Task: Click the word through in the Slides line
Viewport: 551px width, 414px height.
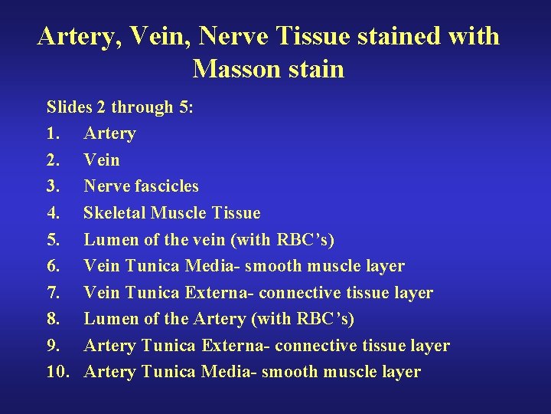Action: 144,107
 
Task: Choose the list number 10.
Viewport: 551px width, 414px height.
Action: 58,372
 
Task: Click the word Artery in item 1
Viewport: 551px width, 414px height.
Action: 109,133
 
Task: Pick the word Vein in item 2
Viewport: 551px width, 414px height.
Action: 102,159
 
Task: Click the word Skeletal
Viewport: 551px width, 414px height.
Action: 115,212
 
